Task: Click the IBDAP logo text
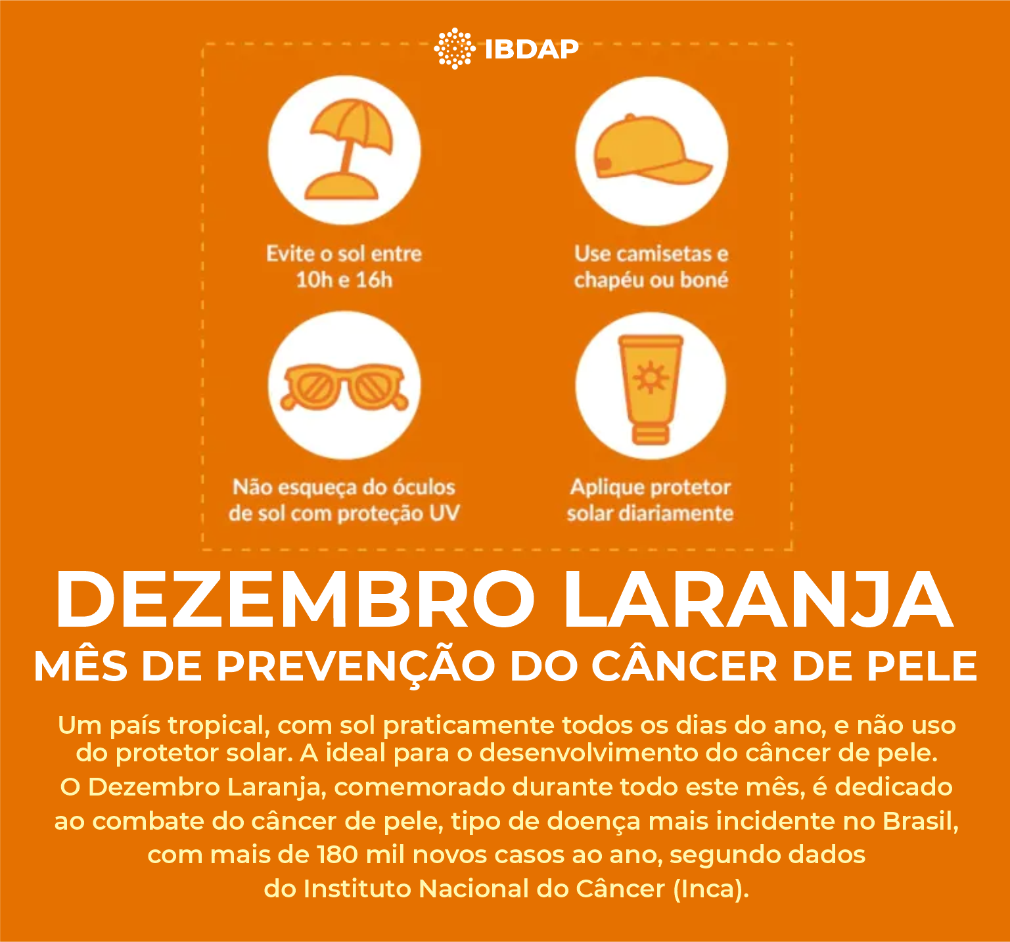tap(532, 49)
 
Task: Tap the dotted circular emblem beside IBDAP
tap(455, 49)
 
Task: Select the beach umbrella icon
tap(345, 150)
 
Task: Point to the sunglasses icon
tap(345, 387)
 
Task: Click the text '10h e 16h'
tap(344, 280)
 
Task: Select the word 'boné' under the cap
tap(704, 280)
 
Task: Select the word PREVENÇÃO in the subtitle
tap(356, 666)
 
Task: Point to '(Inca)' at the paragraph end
tap(710, 889)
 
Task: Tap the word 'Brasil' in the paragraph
tap(920, 821)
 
